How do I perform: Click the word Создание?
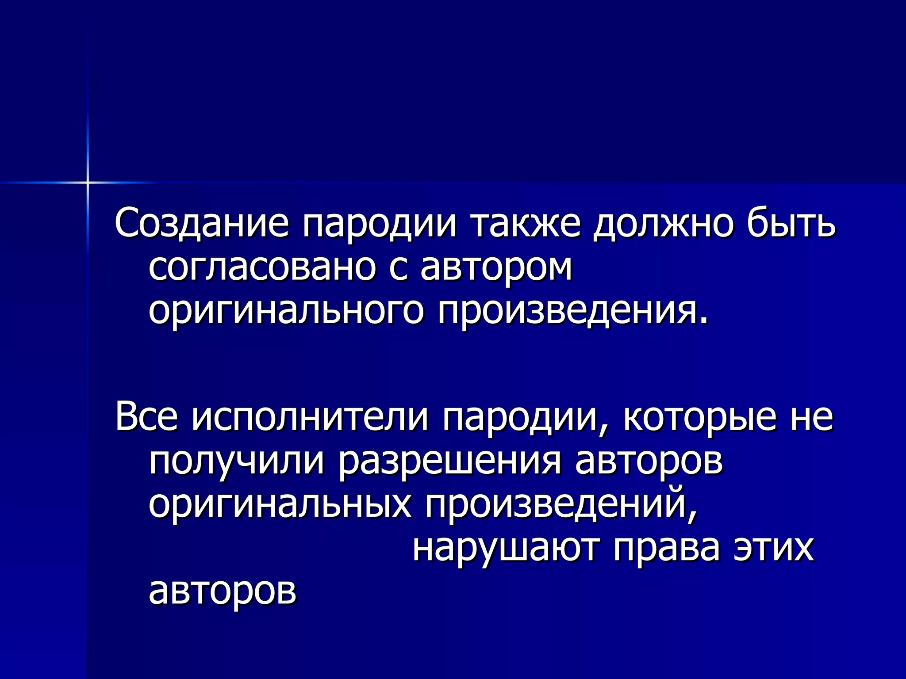tap(202, 223)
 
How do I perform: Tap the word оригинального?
tap(286, 312)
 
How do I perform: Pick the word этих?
tap(774, 549)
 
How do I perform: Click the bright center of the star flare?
tap(88, 182)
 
